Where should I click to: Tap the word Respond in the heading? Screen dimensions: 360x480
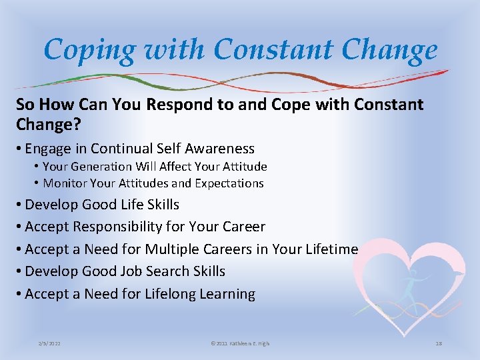pos(183,105)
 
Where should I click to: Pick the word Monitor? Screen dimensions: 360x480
pos(66,183)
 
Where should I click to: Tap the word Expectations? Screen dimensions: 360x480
pos(229,183)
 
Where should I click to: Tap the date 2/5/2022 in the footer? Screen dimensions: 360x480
pos(51,343)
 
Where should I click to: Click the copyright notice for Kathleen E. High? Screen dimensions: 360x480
pos(239,343)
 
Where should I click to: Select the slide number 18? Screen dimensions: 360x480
pos(438,343)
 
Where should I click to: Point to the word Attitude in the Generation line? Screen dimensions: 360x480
pos(241,167)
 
